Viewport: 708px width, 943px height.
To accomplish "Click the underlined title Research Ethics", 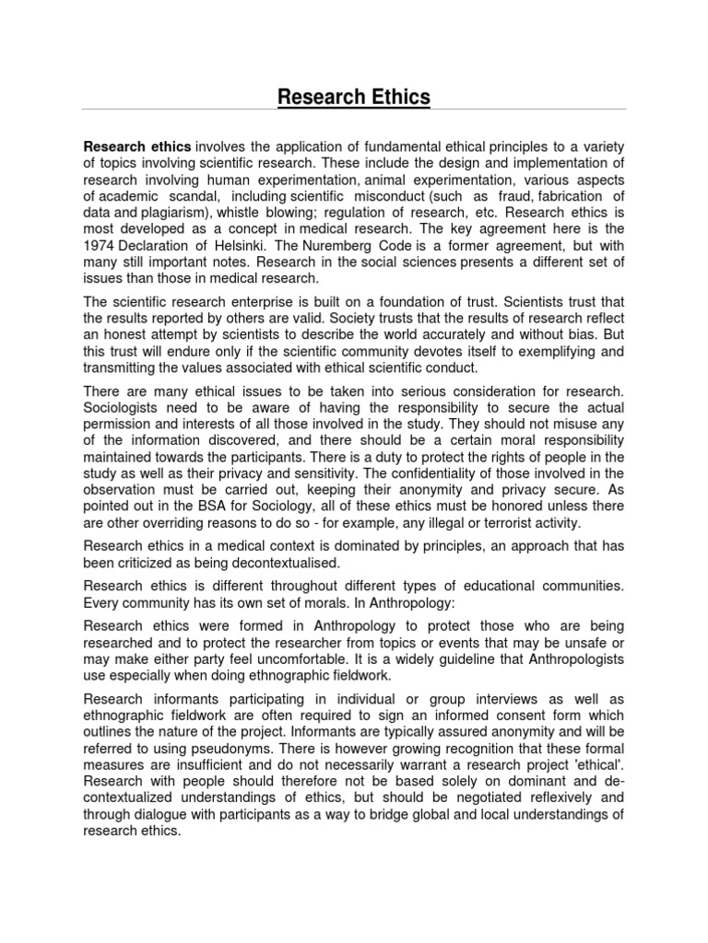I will (x=355, y=97).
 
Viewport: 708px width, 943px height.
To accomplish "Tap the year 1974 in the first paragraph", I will (x=101, y=245).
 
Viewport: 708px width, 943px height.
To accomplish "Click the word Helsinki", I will (x=248, y=245).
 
